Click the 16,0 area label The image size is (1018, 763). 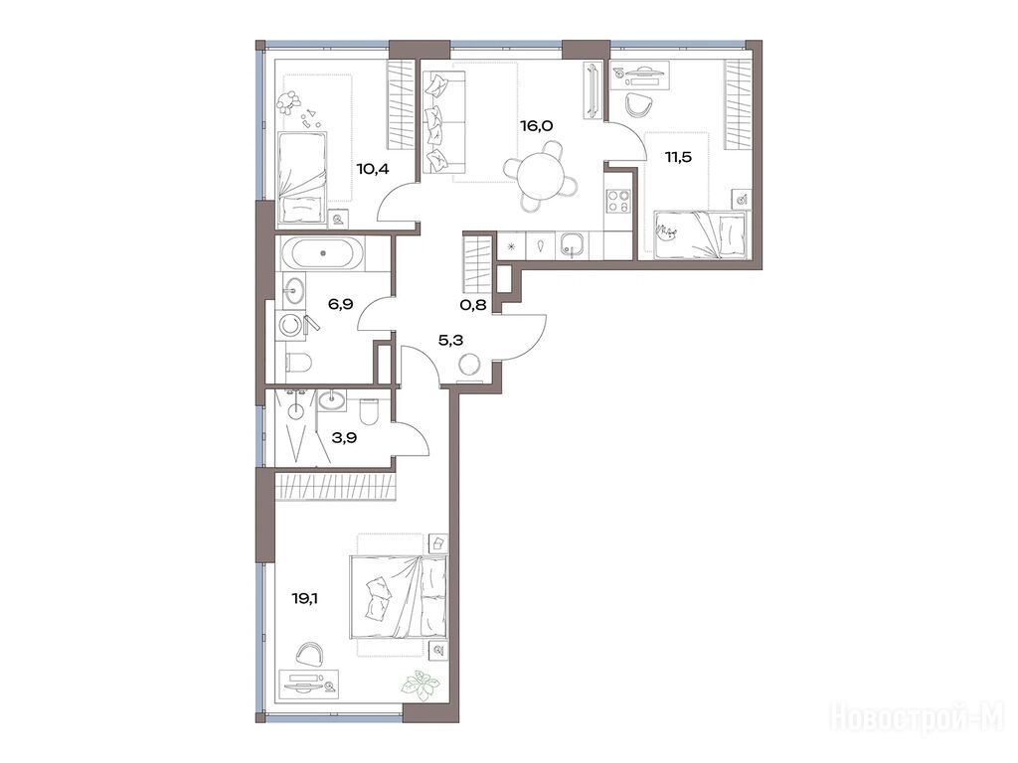click(x=536, y=126)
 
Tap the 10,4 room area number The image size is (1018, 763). click(x=373, y=169)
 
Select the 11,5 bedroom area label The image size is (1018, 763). click(x=677, y=156)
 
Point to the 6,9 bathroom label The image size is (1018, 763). click(x=340, y=304)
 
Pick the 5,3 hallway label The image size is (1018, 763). click(x=451, y=339)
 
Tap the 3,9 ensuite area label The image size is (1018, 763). click(x=344, y=437)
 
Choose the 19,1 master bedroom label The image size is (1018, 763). click(x=304, y=598)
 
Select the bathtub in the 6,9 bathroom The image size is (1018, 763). click(x=323, y=253)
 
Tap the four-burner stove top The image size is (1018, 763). click(x=617, y=201)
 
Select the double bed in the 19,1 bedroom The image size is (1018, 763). click(x=398, y=596)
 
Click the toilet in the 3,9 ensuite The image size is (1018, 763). click(x=368, y=408)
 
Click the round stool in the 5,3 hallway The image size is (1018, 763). click(x=469, y=366)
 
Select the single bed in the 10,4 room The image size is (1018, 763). click(x=302, y=177)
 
